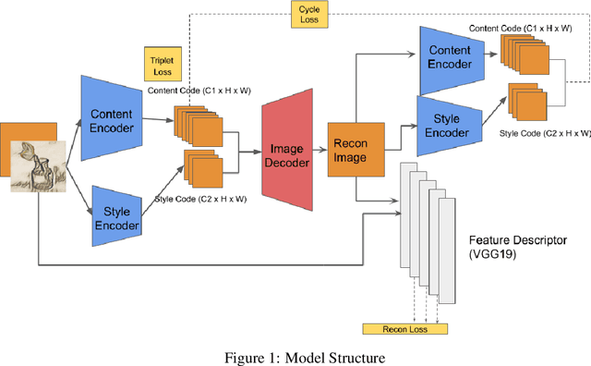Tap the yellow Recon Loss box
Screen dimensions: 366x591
click(404, 329)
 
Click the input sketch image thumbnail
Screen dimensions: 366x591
click(37, 166)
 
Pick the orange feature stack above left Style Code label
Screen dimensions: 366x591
click(204, 166)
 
